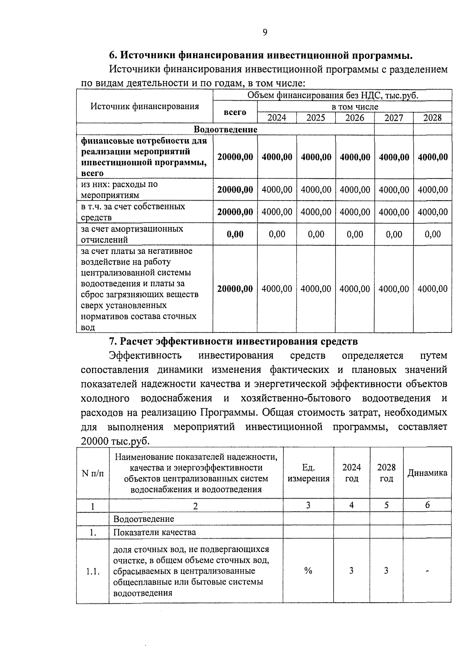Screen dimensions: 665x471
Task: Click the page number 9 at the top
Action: click(x=265, y=33)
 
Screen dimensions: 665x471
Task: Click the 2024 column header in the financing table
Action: click(x=277, y=118)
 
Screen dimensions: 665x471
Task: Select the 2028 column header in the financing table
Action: click(x=432, y=118)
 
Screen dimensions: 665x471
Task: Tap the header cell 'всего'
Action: click(x=235, y=112)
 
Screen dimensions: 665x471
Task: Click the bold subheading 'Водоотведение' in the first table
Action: click(x=225, y=130)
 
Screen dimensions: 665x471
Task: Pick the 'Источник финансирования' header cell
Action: click(x=144, y=106)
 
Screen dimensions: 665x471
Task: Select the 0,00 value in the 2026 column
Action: click(x=355, y=234)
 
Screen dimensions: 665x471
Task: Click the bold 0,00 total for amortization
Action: click(x=235, y=234)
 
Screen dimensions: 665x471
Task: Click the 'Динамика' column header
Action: click(x=427, y=473)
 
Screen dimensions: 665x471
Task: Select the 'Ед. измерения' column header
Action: click(x=308, y=473)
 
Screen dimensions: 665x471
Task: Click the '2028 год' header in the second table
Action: click(x=386, y=473)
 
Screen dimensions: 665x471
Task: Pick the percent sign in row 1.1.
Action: click(x=308, y=571)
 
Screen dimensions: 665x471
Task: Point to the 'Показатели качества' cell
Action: click(x=154, y=533)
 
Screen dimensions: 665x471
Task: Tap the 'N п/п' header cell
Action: click(x=93, y=473)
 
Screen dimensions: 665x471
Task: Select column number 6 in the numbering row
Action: click(x=427, y=506)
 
